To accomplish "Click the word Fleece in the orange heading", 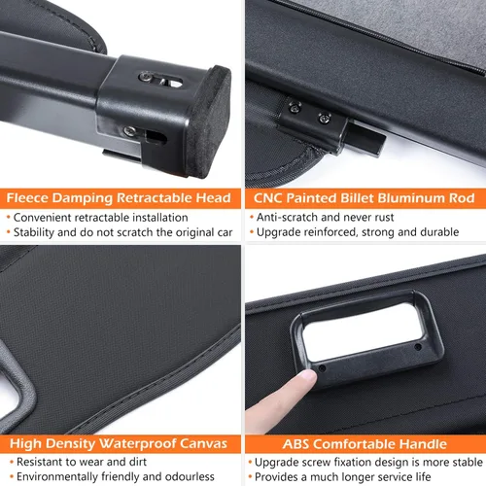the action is (x=27, y=198).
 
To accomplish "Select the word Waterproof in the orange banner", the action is (x=137, y=443).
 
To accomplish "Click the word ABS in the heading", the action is (x=295, y=444).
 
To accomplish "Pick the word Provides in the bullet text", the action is (x=276, y=477).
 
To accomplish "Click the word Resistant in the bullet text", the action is (x=39, y=462).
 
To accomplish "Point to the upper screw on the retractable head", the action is (x=145, y=77).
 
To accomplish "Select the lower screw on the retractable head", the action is (x=129, y=131).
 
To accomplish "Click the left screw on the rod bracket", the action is (x=295, y=107).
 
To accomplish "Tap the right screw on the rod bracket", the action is (x=324, y=118).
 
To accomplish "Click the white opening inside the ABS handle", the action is (x=363, y=329).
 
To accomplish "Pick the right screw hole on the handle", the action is (x=418, y=347).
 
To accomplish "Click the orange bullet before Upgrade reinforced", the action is (x=252, y=232).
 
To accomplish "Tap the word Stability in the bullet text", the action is (x=34, y=232).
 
